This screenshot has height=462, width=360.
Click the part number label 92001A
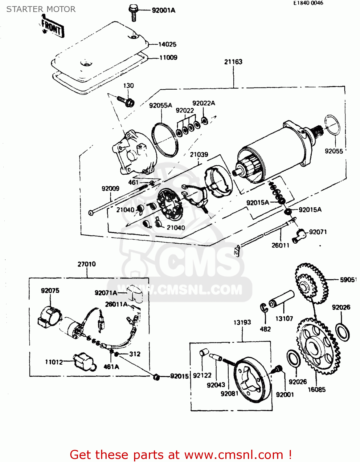[x=163, y=10]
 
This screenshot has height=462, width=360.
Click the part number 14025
[x=167, y=44]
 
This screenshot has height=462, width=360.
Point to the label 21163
[x=233, y=62]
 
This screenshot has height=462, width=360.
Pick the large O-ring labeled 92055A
[x=165, y=140]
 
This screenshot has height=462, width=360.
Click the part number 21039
[x=199, y=155]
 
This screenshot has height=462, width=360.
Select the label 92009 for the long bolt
[x=110, y=188]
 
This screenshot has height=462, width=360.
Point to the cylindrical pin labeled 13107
[x=281, y=299]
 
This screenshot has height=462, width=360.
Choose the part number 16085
[x=317, y=390]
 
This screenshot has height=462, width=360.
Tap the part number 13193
[x=242, y=322]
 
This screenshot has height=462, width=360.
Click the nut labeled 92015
[x=156, y=377]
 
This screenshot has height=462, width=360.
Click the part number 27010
[x=87, y=264]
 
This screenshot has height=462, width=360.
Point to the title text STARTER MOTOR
[x=41, y=9]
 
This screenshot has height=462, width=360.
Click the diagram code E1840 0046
[x=308, y=3]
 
